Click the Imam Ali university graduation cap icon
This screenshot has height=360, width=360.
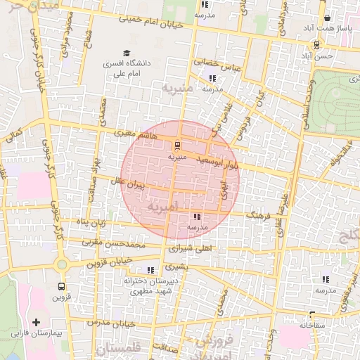pos(127,53)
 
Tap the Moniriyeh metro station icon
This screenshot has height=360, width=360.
pos(176,146)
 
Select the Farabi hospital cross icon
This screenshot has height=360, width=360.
pos(37,321)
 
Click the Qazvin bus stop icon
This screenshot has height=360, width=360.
pos(61,286)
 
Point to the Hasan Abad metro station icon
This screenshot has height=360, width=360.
pos(315,44)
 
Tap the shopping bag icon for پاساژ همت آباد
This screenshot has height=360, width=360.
pos(327,19)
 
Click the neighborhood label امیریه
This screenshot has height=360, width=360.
pos(158,208)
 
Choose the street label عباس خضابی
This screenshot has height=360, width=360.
pos(217,64)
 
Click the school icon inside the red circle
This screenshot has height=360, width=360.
pos(196,217)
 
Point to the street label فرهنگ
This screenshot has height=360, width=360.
pos(258,214)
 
